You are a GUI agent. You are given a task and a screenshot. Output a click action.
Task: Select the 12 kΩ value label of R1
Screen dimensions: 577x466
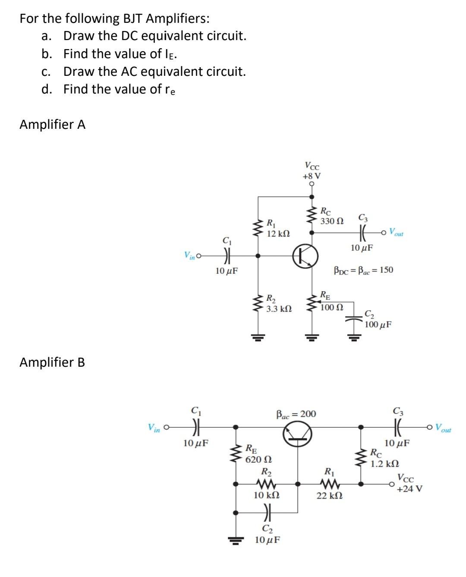click(x=278, y=234)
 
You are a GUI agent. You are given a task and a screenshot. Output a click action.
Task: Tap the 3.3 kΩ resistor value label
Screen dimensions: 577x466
click(x=279, y=309)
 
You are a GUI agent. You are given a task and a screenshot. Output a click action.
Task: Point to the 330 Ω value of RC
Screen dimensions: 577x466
click(x=332, y=221)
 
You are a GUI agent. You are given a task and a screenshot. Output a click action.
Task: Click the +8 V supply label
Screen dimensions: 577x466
click(x=312, y=176)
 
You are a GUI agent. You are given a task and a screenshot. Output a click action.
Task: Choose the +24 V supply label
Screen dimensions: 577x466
click(x=409, y=489)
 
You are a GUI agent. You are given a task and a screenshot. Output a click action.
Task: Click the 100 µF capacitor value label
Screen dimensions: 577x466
click(x=378, y=324)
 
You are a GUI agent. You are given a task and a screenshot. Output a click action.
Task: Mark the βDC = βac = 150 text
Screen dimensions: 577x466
click(x=363, y=270)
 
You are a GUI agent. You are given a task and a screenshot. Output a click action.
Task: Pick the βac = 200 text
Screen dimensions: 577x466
click(x=296, y=414)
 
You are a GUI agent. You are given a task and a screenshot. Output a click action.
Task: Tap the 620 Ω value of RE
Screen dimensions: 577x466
click(x=258, y=459)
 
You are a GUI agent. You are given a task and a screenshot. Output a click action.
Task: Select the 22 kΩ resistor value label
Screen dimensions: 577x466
click(x=330, y=496)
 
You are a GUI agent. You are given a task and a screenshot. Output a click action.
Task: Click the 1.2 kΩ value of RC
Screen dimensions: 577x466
click(x=384, y=464)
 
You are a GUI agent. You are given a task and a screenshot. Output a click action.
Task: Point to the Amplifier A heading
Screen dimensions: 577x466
click(x=53, y=125)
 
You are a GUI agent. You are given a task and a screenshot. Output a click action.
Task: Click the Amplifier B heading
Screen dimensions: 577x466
click(x=52, y=362)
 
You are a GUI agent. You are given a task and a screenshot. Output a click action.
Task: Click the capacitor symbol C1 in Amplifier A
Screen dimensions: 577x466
click(x=226, y=255)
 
